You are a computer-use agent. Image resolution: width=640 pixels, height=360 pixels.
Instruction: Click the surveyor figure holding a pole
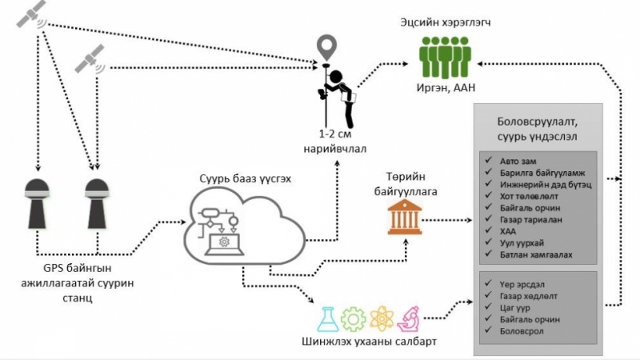[337, 87]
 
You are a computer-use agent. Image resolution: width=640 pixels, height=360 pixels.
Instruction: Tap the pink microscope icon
[408, 318]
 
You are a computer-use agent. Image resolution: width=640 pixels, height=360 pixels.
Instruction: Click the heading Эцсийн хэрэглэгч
[444, 22]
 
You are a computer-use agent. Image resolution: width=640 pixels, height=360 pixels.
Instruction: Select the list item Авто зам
[517, 159]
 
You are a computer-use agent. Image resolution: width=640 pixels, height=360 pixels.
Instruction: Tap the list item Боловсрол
[522, 330]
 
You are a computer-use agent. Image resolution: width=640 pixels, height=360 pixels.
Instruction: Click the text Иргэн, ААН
[448, 89]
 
